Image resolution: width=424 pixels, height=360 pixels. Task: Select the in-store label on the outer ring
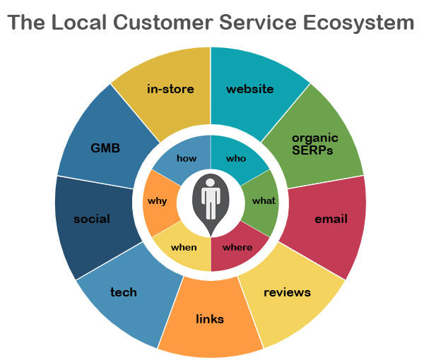[170, 89]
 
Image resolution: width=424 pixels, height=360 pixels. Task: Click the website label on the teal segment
[249, 89]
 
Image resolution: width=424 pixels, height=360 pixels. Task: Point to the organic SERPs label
[315, 143]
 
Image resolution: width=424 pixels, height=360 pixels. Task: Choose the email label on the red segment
[331, 219]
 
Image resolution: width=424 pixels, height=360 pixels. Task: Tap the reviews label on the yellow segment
[287, 292]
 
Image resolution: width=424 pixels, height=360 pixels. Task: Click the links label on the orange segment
[210, 319]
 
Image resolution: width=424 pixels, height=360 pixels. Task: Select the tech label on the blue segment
[124, 292]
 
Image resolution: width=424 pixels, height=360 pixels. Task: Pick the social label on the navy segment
[92, 219]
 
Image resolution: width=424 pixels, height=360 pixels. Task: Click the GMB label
[105, 148]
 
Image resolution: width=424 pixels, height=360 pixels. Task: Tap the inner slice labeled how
[187, 158]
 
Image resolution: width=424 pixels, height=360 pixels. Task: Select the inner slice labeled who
[236, 158]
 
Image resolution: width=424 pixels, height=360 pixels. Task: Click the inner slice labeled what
[264, 200]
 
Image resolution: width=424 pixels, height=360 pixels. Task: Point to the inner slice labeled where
[237, 247]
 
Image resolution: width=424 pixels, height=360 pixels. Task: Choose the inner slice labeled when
[184, 247]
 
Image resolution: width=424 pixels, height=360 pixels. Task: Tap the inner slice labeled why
[158, 201]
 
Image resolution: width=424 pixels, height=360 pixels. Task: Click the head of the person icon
[211, 182]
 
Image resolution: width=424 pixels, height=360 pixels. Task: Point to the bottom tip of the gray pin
[211, 236]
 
